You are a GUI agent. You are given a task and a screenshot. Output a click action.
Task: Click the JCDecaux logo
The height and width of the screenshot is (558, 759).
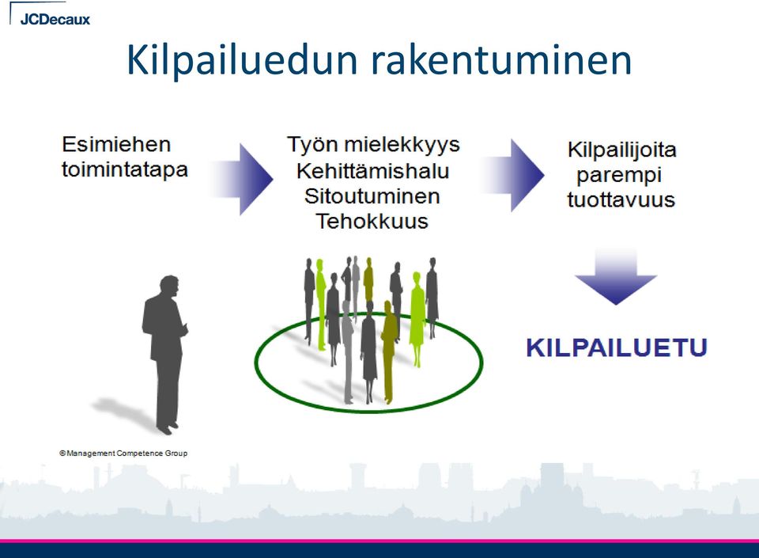[55, 19]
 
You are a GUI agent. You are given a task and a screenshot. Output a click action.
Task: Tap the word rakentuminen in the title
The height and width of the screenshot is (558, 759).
[501, 60]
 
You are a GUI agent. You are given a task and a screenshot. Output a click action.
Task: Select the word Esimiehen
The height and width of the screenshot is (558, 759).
[116, 144]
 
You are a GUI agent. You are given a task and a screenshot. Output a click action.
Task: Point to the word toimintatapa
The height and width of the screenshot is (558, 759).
[124, 170]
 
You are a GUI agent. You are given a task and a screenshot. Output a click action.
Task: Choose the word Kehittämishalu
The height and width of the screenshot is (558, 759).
[372, 171]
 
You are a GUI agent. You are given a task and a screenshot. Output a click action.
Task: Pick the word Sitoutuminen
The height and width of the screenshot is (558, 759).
[372, 196]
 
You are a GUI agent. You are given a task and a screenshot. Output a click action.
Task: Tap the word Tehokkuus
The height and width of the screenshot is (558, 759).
[372, 222]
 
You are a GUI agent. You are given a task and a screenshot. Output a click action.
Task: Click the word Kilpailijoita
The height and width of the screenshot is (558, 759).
[621, 150]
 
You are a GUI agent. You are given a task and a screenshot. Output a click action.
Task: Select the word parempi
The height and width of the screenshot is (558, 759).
[619, 176]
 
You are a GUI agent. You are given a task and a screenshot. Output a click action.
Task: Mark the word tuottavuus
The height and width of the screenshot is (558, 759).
[621, 199]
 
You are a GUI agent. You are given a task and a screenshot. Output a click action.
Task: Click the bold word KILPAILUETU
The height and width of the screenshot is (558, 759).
[617, 347]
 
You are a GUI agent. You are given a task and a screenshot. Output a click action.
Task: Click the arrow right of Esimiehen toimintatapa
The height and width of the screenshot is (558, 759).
[242, 179]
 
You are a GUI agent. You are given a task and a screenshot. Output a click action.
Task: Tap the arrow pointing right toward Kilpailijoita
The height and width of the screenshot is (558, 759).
[512, 176]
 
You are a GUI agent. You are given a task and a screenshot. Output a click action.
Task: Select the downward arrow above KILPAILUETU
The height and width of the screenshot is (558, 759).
[616, 276]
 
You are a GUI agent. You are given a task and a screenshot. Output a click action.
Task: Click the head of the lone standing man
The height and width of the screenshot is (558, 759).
[169, 286]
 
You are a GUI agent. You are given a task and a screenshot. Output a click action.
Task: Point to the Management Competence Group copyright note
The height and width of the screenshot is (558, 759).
[123, 454]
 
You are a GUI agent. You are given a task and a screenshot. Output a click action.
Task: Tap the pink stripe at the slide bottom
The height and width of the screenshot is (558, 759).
[379, 541]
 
